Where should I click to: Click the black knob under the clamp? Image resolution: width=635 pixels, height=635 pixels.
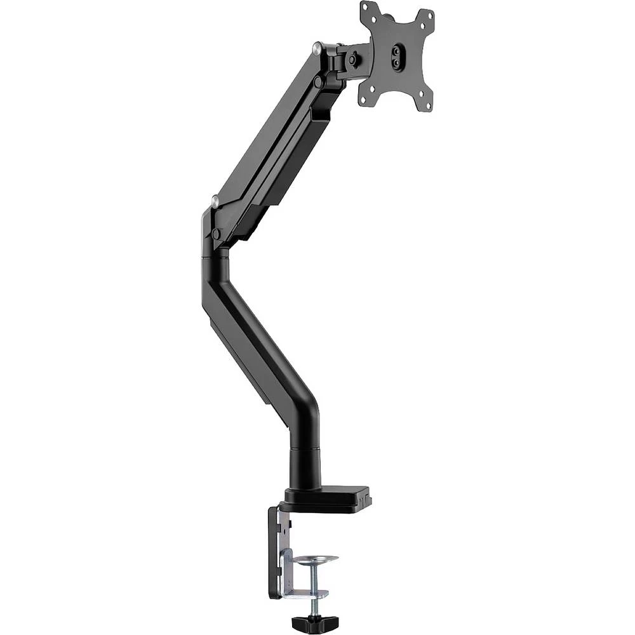pos(307,618)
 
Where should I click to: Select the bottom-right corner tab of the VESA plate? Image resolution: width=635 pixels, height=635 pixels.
pos(426,105)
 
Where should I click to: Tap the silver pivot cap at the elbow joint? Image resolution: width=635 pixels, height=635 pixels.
pos(215,202)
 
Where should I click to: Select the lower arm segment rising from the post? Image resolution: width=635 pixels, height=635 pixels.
pos(254,330)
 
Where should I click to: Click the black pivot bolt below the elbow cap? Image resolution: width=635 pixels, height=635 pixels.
pos(216,234)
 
